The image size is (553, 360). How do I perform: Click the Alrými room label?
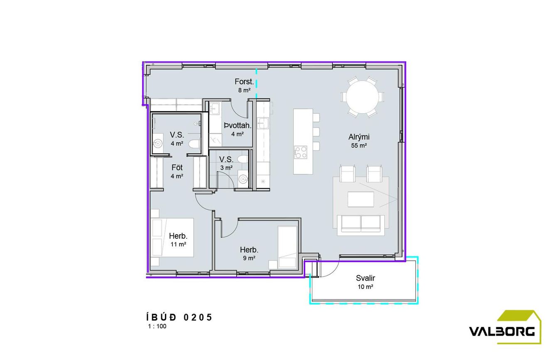pos(359,137)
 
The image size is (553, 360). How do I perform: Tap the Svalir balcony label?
pos(365,278)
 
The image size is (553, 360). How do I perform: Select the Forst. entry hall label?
pos(244,81)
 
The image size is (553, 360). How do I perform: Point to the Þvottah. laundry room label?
pos(238,125)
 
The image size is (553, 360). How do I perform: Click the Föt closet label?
pos(177,167)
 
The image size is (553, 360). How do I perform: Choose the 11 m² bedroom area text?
pos(178,245)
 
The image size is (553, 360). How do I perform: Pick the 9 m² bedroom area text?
pos(249,258)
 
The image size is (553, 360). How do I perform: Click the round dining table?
pos(362,97)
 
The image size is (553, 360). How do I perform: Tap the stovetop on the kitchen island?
pos(300,152)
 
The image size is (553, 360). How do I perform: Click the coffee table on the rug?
pos(361,199)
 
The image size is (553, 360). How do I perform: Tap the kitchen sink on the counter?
pos(263,123)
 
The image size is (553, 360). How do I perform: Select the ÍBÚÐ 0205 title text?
pos(179,317)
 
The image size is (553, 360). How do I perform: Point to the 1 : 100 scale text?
pos(157,326)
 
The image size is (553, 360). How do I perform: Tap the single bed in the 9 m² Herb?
pos(288,247)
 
